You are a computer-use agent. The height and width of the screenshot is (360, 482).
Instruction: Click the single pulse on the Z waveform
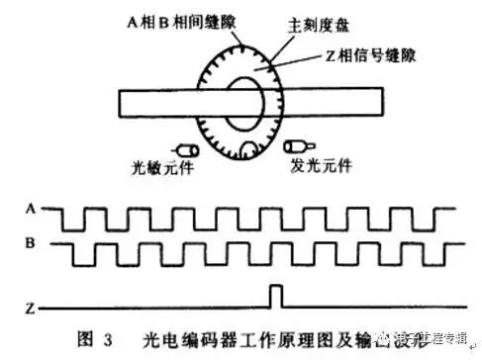[277, 294]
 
